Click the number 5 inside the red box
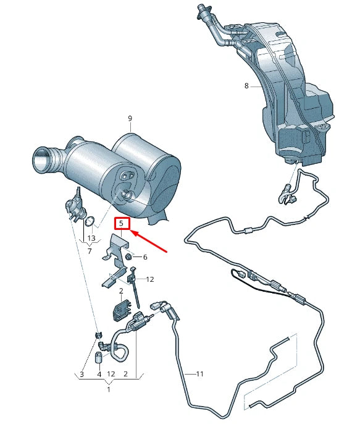[x=122, y=223]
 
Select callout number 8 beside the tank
[x=246, y=86]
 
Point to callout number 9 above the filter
[x=130, y=118]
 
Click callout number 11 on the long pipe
[x=199, y=374]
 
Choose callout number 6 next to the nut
[x=145, y=257]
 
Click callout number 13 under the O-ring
[x=91, y=238]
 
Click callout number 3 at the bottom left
[x=82, y=374]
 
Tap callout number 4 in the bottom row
[x=99, y=374]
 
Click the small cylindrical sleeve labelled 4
[x=99, y=357]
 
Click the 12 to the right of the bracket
[x=150, y=279]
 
